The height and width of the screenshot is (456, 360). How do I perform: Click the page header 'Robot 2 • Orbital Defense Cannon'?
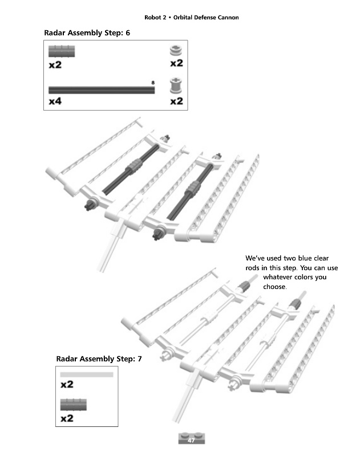pyautogui.click(x=192, y=18)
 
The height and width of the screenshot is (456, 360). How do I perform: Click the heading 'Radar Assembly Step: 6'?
pyautogui.click(x=87, y=33)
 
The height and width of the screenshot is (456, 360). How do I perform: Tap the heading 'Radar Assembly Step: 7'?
pyautogui.click(x=99, y=359)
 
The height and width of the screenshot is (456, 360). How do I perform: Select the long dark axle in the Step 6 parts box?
pyautogui.click(x=102, y=90)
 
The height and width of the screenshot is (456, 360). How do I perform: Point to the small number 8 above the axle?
pyautogui.click(x=153, y=83)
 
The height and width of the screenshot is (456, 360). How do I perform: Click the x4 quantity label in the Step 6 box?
pyautogui.click(x=55, y=101)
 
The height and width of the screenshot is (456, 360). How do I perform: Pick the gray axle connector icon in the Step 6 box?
pyautogui.click(x=62, y=51)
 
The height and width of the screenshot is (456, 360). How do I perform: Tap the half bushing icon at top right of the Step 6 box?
pyautogui.click(x=176, y=51)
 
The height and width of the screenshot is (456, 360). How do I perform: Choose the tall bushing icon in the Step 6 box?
pyautogui.click(x=176, y=85)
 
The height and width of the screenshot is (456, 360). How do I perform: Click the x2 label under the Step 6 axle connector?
pyautogui.click(x=55, y=65)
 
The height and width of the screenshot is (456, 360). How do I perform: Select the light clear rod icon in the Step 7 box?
pyautogui.click(x=87, y=374)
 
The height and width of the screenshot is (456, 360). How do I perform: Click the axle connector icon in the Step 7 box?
pyautogui.click(x=74, y=405)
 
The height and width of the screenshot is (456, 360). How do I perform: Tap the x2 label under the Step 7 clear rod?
pyautogui.click(x=67, y=384)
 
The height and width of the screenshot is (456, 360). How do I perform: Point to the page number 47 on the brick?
pyautogui.click(x=191, y=440)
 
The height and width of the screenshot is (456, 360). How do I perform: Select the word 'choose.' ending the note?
pyautogui.click(x=275, y=287)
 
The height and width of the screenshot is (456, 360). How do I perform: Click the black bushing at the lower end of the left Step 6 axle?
pyautogui.click(x=90, y=204)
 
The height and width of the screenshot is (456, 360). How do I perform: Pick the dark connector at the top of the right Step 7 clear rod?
pyautogui.click(x=295, y=304)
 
